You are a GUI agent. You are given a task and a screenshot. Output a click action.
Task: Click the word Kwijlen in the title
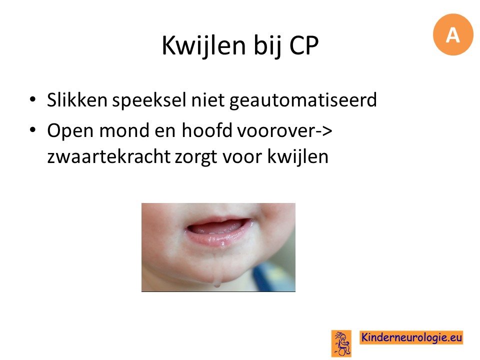(x=204, y=46)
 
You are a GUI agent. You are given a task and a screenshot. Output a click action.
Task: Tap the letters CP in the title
(x=304, y=45)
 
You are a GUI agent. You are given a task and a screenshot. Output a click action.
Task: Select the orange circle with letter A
(x=453, y=34)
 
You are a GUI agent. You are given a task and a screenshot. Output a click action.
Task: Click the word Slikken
(x=77, y=100)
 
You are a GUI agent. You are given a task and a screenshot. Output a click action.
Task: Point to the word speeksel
(x=149, y=101)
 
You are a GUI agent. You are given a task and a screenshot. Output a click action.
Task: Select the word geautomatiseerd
(x=303, y=101)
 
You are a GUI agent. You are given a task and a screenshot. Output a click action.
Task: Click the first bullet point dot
(x=32, y=99)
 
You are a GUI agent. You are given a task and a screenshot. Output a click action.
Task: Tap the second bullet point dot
(x=32, y=130)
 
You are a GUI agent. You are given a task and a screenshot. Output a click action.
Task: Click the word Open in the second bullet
(x=70, y=131)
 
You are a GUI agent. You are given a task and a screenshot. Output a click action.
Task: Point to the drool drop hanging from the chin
(x=217, y=282)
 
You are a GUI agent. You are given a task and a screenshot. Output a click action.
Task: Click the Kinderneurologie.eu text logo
(x=411, y=337)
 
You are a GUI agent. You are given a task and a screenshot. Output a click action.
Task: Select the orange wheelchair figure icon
(x=341, y=343)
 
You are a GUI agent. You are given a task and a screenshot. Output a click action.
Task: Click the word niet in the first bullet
(x=208, y=100)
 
